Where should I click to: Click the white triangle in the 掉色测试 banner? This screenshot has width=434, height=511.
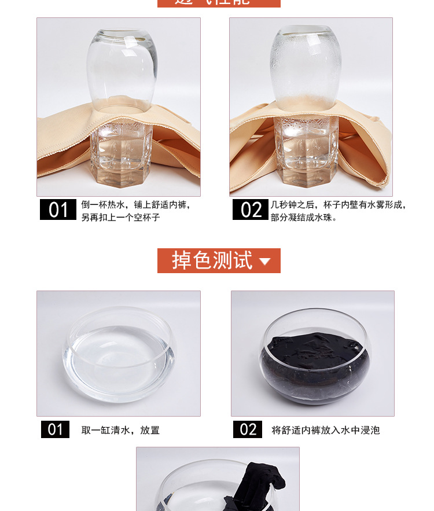pos(265,262)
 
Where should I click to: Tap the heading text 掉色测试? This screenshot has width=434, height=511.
pos(212,260)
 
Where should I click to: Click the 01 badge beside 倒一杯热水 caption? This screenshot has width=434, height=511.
pos(58,209)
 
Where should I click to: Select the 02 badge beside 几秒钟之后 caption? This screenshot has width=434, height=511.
pos(251,209)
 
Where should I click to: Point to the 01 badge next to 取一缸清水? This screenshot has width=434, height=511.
pos(55,429)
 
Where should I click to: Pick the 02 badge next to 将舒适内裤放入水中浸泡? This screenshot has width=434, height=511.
pos(248,429)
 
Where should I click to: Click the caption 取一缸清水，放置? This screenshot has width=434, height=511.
pos(120,430)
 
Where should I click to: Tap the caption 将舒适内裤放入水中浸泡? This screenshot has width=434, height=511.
pos(325,430)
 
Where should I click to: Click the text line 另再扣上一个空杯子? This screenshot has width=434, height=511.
pos(120,218)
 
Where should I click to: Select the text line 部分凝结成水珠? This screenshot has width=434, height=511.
pos(304,218)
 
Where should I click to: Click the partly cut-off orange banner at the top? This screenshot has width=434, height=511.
pos(219,3)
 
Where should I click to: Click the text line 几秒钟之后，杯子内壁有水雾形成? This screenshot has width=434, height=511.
pos(339,205)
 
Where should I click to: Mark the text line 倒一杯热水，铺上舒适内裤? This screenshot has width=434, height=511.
pos(135,205)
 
